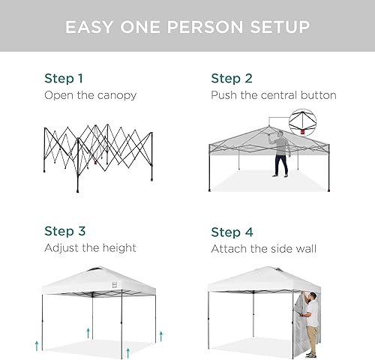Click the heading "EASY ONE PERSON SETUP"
point(187,28)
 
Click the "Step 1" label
point(63,78)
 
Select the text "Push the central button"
point(273,95)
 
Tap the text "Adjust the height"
point(90,247)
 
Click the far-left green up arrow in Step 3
point(35,344)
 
